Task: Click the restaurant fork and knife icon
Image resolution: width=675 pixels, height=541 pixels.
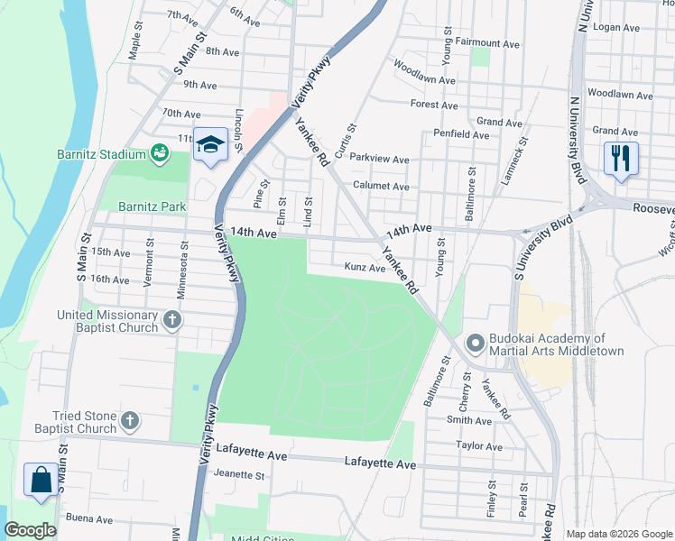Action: [620, 159]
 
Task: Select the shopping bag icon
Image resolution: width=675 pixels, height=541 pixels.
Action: [42, 479]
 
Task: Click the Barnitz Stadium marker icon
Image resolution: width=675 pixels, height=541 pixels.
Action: [160, 154]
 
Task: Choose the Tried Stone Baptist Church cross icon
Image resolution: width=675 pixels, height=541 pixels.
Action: [131, 420]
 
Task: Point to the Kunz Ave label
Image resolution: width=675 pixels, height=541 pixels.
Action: [365, 267]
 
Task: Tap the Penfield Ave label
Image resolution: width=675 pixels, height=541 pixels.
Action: [461, 134]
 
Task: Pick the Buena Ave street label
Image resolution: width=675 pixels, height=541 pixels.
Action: [88, 519]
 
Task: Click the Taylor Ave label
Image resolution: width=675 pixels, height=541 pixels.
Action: [478, 446]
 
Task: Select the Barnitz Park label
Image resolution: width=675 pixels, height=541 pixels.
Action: [145, 206]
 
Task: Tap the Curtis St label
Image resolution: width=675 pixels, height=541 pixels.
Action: [346, 142]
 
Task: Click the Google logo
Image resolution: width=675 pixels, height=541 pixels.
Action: [30, 530]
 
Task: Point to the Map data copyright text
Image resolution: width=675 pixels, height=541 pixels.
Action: [618, 534]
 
